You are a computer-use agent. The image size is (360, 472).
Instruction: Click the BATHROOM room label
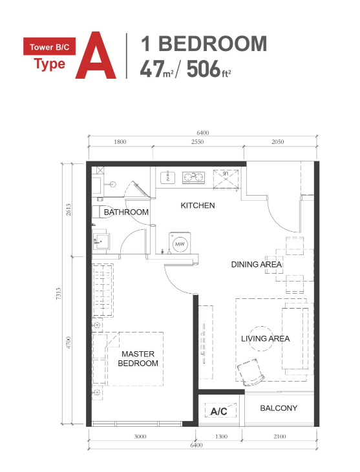127,212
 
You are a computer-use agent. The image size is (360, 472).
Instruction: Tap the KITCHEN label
198,205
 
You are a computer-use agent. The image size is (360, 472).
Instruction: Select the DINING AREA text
257,264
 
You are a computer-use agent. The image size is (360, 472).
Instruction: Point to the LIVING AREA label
266,338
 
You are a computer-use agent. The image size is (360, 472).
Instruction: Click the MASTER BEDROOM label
139,358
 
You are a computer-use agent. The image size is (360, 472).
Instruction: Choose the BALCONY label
279,408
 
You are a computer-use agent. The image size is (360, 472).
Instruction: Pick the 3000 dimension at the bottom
140,437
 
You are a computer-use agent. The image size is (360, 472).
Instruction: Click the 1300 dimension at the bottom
220,437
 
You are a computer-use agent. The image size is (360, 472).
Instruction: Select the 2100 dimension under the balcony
279,437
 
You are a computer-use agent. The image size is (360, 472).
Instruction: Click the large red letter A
96,56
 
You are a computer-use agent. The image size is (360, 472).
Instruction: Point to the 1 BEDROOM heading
204,44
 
